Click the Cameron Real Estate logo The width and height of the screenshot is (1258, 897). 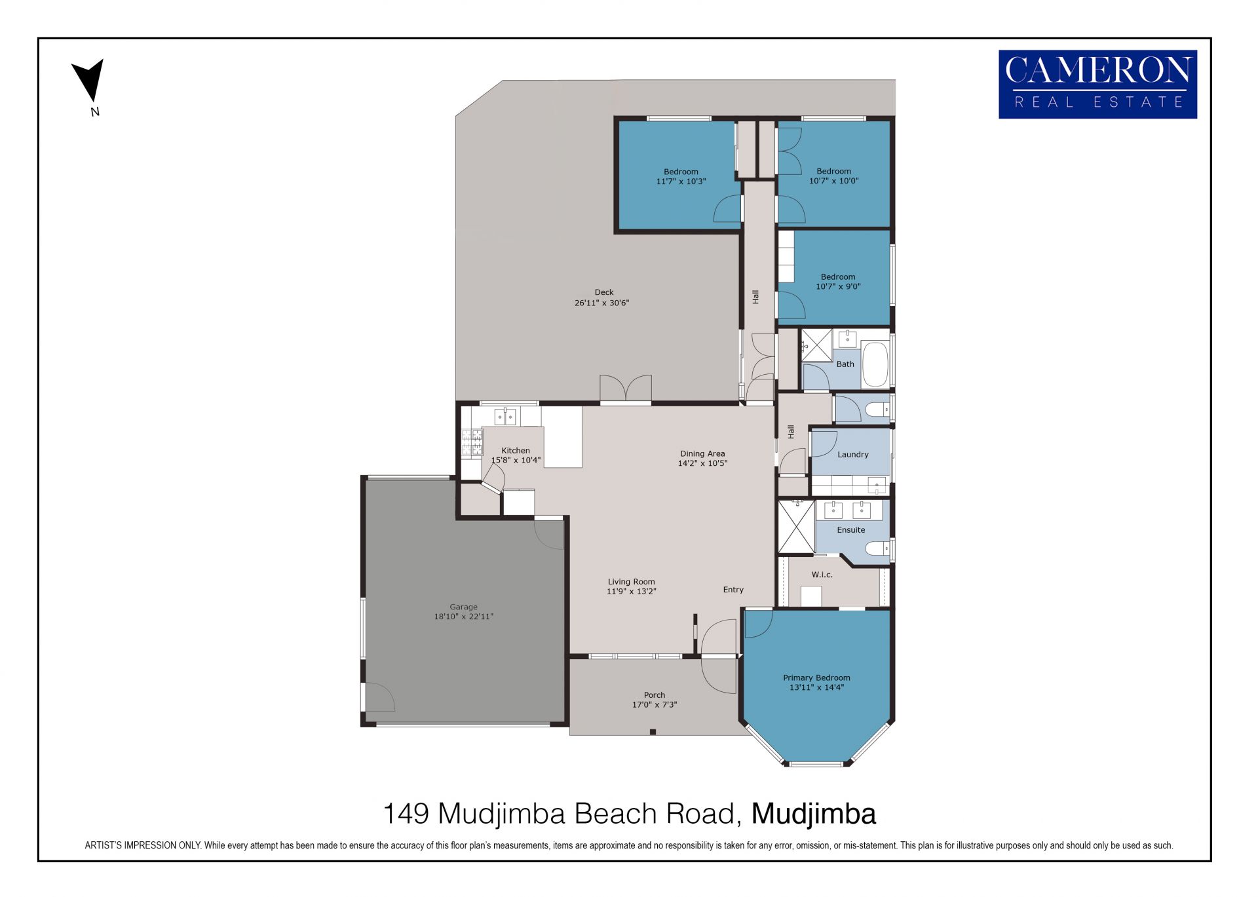click(1097, 85)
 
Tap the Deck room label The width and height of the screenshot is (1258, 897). click(604, 292)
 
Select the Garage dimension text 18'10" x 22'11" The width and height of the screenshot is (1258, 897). click(463, 617)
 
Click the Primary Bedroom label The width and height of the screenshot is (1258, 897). click(816, 678)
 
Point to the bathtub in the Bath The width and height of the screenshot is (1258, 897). click(875, 364)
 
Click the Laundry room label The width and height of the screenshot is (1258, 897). click(852, 454)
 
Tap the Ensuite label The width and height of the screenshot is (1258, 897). click(850, 529)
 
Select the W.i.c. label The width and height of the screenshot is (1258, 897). click(822, 575)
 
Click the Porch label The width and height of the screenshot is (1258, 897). click(654, 695)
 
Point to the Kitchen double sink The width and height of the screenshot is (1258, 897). click(505, 416)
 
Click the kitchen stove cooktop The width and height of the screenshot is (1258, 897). click(472, 442)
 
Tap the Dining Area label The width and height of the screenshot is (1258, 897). click(702, 453)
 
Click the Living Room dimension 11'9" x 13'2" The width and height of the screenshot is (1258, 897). click(631, 591)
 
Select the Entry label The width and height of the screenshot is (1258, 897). click(733, 590)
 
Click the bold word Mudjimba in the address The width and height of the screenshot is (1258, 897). click(813, 814)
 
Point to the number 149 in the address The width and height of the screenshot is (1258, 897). click(406, 814)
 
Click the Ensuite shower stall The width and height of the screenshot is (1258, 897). click(796, 527)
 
